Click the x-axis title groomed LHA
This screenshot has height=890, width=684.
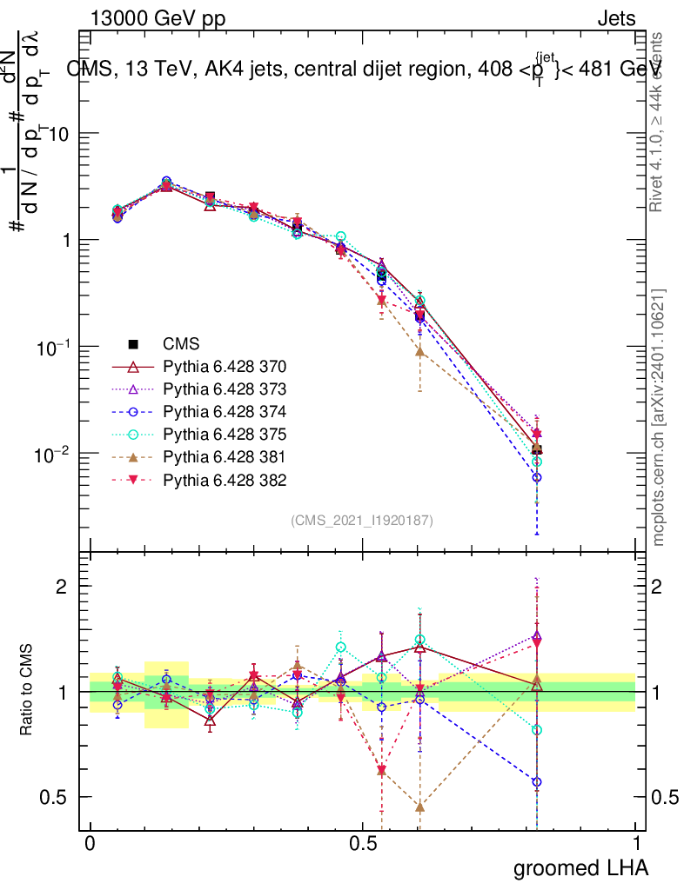580,867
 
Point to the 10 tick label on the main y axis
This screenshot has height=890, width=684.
61,134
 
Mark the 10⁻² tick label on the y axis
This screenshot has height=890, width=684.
56,455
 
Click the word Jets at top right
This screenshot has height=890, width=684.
615,19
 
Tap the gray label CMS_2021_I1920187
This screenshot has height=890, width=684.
362,520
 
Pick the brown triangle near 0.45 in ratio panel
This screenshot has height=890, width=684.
420,807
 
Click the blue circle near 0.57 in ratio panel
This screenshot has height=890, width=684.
537,782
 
